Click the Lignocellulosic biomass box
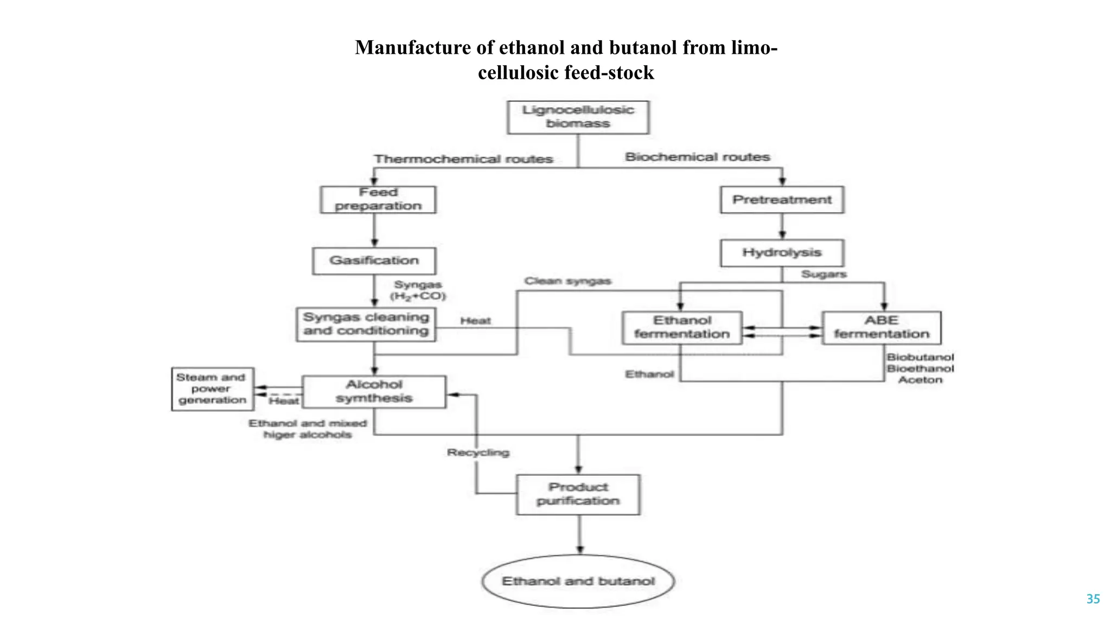click(x=578, y=117)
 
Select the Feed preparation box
click(x=378, y=200)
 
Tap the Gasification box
click(x=374, y=261)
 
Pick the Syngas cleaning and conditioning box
click(x=366, y=324)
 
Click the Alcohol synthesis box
click(x=374, y=392)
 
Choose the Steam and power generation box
click(x=212, y=389)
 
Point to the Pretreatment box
click(x=782, y=200)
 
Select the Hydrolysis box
click(x=782, y=253)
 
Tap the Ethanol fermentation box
click(x=682, y=328)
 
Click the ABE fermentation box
click(x=881, y=328)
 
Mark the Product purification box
click(x=578, y=494)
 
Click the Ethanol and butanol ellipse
click(x=578, y=581)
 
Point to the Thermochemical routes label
click(x=463, y=159)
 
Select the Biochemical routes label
click(x=697, y=157)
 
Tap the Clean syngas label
click(x=567, y=281)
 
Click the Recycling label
click(x=478, y=452)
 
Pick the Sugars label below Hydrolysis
click(x=823, y=275)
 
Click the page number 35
click(x=1093, y=599)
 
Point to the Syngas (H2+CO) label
click(x=418, y=290)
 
